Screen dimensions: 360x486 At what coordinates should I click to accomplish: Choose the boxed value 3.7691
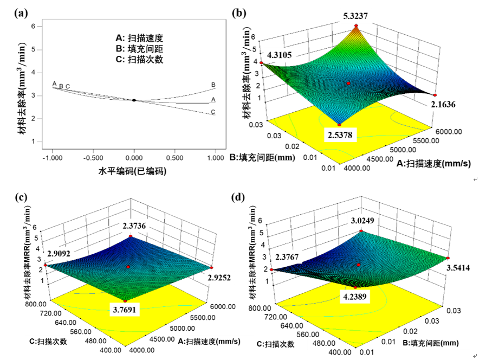click(x=125, y=311)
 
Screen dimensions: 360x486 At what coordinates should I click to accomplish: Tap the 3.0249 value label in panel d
click(x=363, y=221)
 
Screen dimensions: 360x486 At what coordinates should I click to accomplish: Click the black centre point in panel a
click(x=134, y=100)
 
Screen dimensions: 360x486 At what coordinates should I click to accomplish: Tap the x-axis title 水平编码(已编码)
click(x=132, y=171)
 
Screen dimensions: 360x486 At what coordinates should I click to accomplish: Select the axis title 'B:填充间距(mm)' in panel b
click(x=262, y=158)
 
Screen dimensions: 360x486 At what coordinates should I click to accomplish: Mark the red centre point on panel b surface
click(x=348, y=83)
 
